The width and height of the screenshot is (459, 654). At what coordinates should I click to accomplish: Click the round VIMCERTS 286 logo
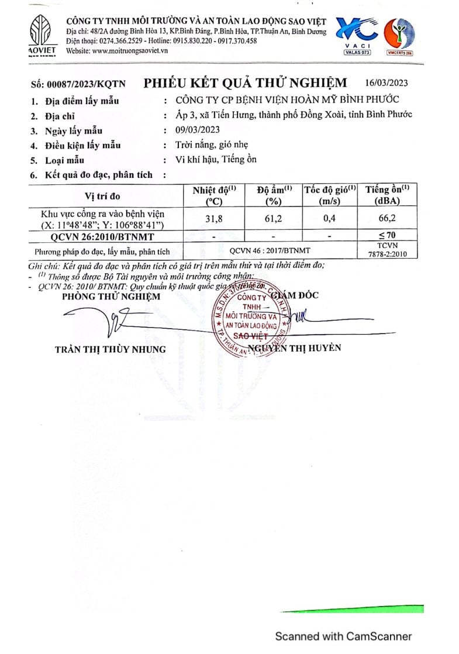coord(401,35)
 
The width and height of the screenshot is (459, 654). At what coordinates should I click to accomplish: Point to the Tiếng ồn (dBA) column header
coord(387,195)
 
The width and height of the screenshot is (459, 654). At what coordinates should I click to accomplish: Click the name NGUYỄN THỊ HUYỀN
coord(294,348)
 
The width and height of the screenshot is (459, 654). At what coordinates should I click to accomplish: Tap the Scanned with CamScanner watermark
coord(344,636)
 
